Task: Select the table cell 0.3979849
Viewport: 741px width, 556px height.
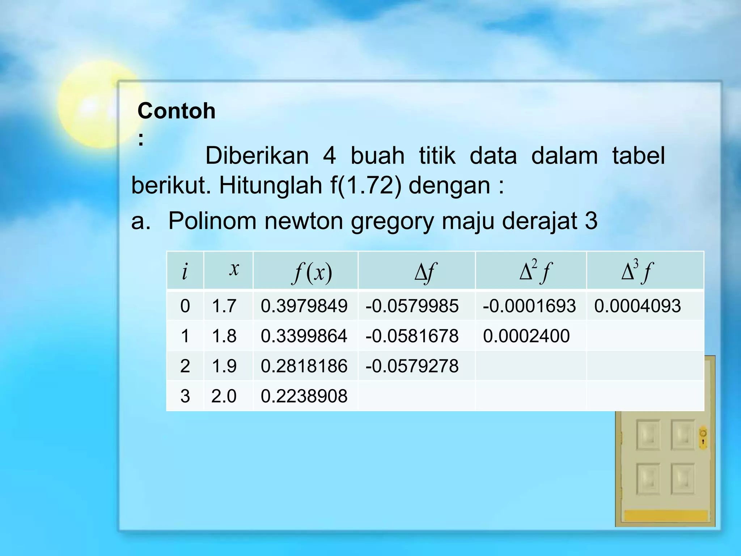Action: (x=304, y=306)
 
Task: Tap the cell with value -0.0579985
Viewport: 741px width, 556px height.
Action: (x=412, y=306)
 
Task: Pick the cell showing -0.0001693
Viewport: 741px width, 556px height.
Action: (x=529, y=306)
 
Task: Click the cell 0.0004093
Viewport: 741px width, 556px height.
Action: (x=638, y=306)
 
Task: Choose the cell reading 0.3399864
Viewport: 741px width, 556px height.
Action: (x=304, y=336)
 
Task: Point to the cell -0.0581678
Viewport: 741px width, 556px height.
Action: (x=412, y=336)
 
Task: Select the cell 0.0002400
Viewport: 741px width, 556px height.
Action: (x=526, y=336)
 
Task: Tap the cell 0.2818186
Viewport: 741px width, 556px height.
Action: (x=304, y=366)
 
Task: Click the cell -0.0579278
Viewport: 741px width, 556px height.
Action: (x=412, y=366)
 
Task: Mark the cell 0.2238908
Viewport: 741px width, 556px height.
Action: (x=304, y=396)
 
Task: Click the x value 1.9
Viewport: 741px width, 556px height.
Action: (x=224, y=366)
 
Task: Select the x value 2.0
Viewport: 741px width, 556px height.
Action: (x=224, y=396)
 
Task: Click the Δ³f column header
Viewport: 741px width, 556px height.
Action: (x=637, y=271)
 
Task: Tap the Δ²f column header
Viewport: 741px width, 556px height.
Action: (x=535, y=271)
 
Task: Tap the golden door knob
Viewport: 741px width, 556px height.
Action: (x=703, y=438)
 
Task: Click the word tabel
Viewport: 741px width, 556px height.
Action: (x=638, y=156)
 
